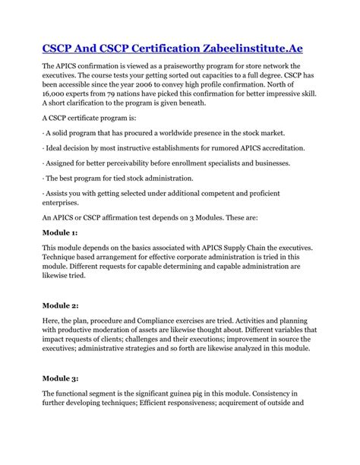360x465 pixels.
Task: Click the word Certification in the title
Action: [x=161, y=48]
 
